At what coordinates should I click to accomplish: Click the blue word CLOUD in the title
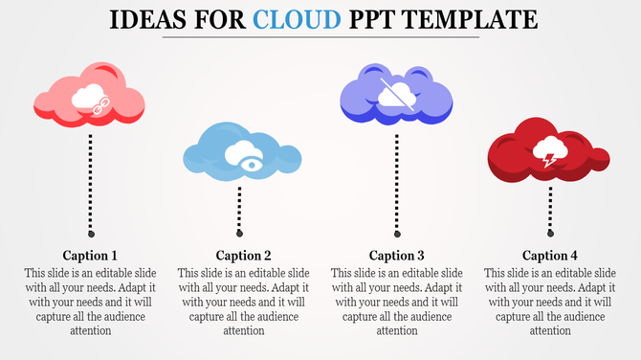tap(305, 19)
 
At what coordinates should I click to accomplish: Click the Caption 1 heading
tap(90, 256)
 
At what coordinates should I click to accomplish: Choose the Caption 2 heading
tap(244, 256)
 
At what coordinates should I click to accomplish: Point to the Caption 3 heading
tap(396, 256)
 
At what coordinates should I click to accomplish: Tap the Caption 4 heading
tap(550, 256)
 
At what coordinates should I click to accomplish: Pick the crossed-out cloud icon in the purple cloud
tap(395, 93)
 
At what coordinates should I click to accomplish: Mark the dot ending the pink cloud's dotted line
tap(91, 233)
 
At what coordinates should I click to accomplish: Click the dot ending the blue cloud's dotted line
tap(240, 233)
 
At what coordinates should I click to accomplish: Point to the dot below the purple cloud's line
tap(397, 233)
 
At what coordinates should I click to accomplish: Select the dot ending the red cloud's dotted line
tap(551, 233)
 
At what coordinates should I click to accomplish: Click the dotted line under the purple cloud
tap(397, 182)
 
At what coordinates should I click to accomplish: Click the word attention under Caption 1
tap(90, 331)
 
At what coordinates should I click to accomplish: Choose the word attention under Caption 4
tap(550, 331)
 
